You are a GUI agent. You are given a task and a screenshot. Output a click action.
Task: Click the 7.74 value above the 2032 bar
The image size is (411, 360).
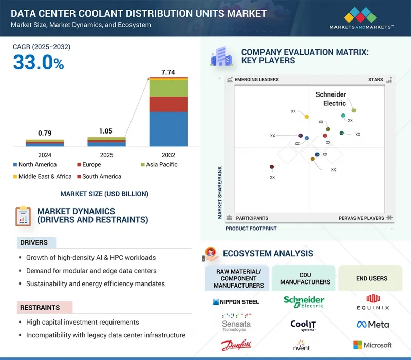click(168, 72)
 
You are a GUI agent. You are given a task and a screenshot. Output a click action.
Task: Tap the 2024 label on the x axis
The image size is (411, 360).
click(45, 155)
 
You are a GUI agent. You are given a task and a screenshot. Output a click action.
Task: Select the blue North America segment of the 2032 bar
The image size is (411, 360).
click(168, 129)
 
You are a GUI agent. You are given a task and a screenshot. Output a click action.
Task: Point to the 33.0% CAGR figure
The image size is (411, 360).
click(39, 63)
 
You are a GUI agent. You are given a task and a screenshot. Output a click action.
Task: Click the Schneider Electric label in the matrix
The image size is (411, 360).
click(330, 99)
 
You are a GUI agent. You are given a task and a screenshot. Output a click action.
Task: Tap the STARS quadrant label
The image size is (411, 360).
click(376, 80)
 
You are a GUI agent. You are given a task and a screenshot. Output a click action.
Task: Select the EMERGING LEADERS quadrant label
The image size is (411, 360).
click(256, 80)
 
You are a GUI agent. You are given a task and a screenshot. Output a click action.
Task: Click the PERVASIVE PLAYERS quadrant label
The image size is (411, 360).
click(361, 218)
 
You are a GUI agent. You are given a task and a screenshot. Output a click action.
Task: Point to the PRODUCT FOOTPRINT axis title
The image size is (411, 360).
click(251, 229)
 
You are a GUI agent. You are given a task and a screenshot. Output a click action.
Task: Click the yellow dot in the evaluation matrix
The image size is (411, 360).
click(307, 117)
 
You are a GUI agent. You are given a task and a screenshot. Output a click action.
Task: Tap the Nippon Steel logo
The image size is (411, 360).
click(236, 301)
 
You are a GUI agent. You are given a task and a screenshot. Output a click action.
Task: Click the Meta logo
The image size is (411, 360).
click(372, 325)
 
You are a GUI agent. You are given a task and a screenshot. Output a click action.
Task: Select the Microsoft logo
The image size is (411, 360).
click(372, 345)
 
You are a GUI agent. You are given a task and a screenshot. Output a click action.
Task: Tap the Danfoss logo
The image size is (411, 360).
click(236, 346)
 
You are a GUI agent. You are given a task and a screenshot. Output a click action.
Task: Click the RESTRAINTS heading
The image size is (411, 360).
click(40, 308)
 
